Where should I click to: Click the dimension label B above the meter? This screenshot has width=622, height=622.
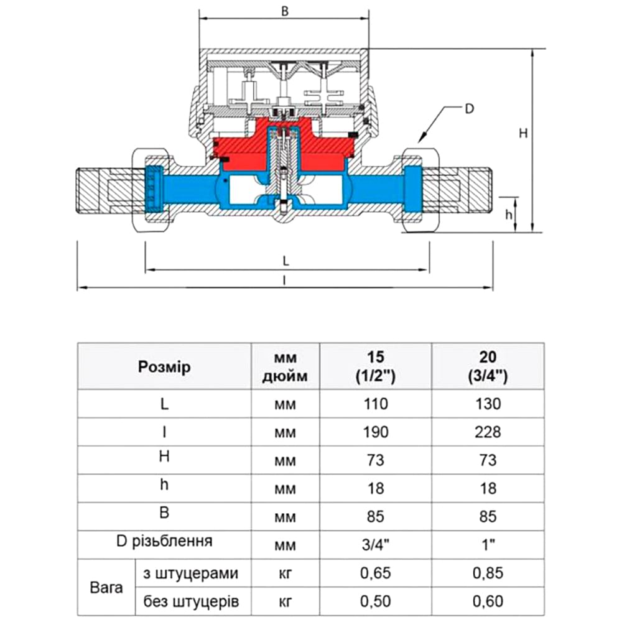(x=284, y=11)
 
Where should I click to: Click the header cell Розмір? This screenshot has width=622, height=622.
(x=164, y=366)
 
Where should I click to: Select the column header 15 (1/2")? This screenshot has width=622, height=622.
(x=376, y=366)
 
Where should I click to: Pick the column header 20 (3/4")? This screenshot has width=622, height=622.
(x=488, y=366)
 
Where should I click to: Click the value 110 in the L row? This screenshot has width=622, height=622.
(x=376, y=404)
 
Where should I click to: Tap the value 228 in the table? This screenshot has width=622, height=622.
(x=488, y=432)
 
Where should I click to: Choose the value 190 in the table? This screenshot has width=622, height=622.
(x=376, y=432)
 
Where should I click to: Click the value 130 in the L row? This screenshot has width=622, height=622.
(x=488, y=404)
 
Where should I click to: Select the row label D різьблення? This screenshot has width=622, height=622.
(x=164, y=541)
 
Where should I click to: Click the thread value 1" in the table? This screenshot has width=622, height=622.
(x=488, y=544)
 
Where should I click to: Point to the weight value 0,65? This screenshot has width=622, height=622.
(x=376, y=573)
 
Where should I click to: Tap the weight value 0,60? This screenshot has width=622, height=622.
(x=488, y=601)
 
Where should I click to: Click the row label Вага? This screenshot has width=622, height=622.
(x=106, y=587)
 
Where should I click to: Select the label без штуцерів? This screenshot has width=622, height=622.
(x=191, y=601)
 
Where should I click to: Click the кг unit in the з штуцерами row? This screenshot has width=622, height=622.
(x=285, y=573)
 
